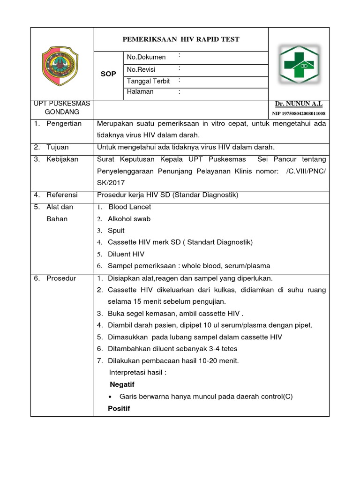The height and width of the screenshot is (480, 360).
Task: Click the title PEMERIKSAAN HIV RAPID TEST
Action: (181, 39)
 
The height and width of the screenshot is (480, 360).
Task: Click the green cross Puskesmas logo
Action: (299, 64)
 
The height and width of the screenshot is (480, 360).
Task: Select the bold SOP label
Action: (109, 75)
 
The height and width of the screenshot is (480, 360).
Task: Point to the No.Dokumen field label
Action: (146, 57)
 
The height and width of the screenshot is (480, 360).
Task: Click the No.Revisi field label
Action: (141, 69)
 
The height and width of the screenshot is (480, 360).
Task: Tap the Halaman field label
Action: (140, 92)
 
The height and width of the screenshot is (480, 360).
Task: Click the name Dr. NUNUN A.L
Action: (299, 104)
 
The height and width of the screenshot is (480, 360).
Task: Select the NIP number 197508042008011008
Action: (299, 113)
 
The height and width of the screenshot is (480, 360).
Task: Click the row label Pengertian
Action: (64, 124)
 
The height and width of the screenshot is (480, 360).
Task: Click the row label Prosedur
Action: (61, 278)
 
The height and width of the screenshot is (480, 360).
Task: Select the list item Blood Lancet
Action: (130, 207)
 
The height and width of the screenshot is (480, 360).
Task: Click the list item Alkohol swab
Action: (129, 219)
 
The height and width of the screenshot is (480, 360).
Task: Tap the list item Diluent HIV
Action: (126, 254)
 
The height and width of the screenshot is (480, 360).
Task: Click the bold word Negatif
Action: (122, 384)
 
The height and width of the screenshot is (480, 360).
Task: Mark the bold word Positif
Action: (119, 408)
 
